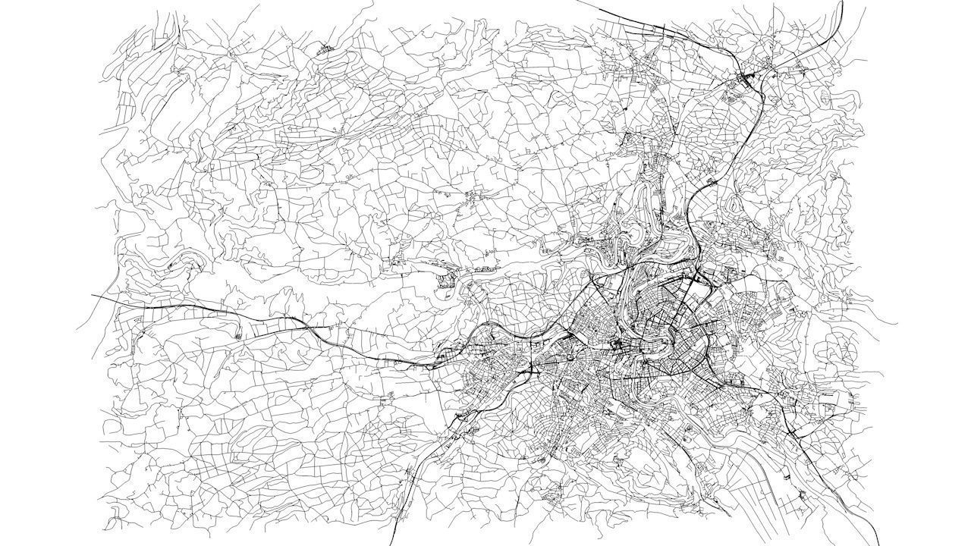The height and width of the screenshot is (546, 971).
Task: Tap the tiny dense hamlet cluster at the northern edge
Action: [327, 49]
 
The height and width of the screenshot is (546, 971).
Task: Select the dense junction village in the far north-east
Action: [751, 75]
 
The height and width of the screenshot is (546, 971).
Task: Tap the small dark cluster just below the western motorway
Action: [239, 334]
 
